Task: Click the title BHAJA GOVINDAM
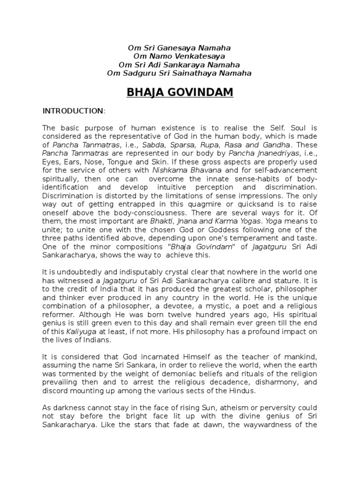point(180,92)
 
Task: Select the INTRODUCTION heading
point(74,111)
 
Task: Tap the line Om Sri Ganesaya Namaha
point(180,48)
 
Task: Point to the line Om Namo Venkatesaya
point(180,56)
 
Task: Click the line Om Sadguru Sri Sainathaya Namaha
point(180,73)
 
